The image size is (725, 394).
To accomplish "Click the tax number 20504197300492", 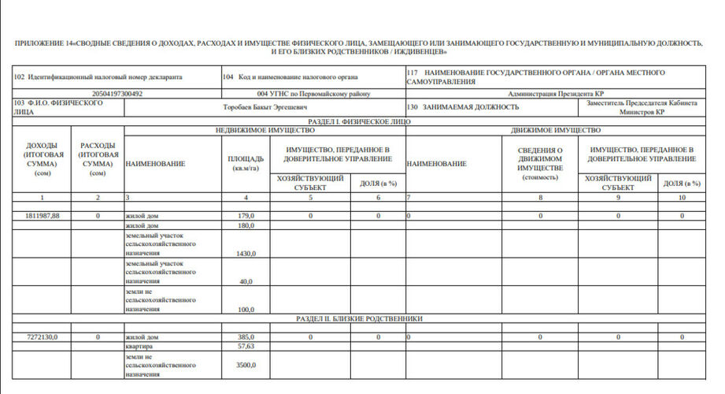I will tap(117, 93).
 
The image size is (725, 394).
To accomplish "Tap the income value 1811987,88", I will tap(43, 215).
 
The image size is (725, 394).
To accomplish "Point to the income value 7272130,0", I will tap(43, 336).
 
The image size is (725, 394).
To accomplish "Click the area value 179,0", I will tap(246, 215).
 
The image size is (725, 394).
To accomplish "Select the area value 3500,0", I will tap(246, 366).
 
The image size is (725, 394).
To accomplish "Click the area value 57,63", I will tap(246, 346).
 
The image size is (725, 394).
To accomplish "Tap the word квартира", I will tap(140, 346).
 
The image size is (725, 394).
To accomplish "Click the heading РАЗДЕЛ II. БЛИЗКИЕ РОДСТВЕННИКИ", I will tap(360, 319).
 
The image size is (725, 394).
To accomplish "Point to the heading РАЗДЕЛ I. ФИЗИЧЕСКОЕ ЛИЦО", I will tap(359, 122).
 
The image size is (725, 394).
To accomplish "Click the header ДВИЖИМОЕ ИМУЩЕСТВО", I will tap(556, 130).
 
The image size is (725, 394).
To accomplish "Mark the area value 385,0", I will tap(246, 336).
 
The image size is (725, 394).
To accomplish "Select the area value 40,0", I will tap(246, 281).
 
